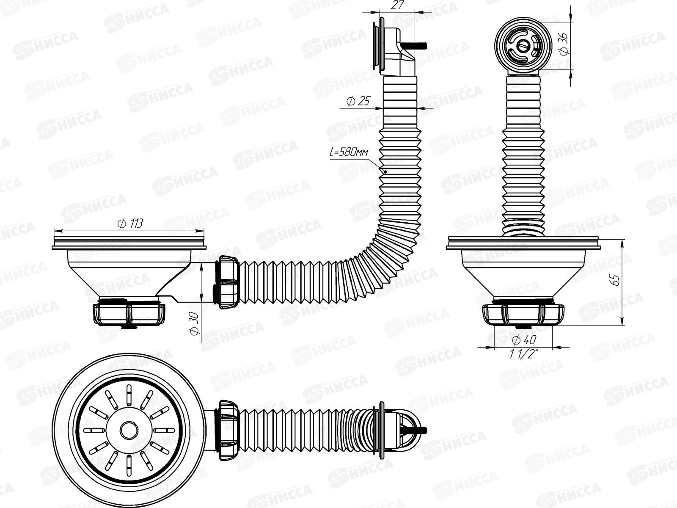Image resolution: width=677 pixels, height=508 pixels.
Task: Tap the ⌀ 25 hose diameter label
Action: click(x=358, y=101)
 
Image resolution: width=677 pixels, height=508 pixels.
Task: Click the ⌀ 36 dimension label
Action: click(x=563, y=44)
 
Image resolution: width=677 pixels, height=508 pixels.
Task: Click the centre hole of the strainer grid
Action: click(x=127, y=430)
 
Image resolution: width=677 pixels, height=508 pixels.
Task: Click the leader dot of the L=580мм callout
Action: click(x=386, y=171)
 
